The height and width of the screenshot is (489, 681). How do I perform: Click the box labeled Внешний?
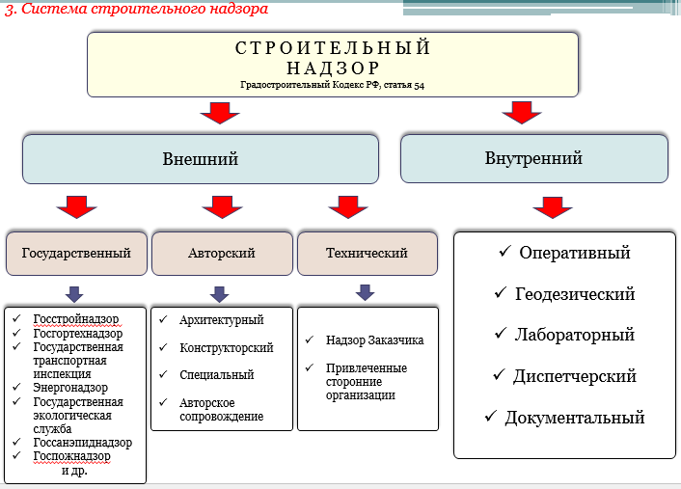click(201, 159)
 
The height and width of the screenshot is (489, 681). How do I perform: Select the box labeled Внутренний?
click(533, 158)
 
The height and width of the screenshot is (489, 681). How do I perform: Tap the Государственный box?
click(76, 254)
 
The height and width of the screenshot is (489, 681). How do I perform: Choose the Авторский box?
click(222, 254)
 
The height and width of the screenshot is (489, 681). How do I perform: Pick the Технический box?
click(368, 254)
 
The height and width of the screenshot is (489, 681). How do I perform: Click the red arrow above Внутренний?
click(522, 113)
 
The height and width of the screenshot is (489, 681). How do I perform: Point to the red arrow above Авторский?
click(222, 206)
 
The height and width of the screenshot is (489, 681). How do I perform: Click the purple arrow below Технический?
click(365, 292)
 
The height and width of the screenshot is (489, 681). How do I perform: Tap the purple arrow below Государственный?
click(74, 294)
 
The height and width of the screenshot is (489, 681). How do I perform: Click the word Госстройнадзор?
click(76, 319)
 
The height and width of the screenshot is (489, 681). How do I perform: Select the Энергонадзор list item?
click(70, 388)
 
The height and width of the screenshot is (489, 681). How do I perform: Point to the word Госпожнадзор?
click(71, 456)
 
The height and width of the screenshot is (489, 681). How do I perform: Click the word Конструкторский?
click(227, 347)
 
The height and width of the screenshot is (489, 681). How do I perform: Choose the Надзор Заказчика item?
click(374, 340)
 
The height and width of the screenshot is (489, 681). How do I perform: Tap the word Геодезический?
click(575, 294)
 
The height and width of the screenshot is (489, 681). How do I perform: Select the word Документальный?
click(575, 418)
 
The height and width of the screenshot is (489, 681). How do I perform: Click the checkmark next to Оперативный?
click(504, 251)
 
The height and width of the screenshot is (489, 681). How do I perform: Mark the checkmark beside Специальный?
click(163, 373)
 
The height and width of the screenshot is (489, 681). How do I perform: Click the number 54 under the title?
click(419, 85)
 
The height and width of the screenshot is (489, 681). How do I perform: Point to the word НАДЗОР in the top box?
click(333, 68)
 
